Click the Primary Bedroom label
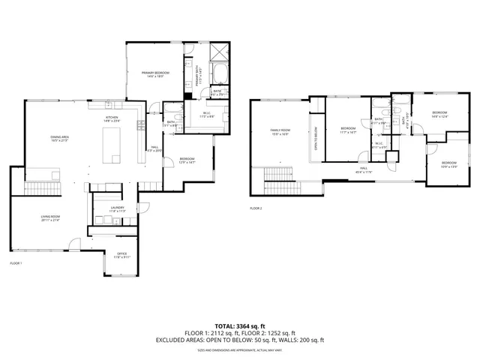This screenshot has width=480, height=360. [155, 73]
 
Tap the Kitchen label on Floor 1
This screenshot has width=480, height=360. [112, 119]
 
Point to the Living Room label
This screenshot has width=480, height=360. [50, 218]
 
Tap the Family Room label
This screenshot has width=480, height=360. [280, 132]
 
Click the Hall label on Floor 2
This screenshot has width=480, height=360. [362, 171]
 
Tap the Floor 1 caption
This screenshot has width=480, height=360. [16, 263]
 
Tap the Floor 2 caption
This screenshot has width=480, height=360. [256, 208]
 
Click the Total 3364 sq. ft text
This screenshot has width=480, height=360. [239, 326]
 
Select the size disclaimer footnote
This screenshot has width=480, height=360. [239, 350]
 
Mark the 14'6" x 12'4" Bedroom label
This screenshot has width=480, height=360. [439, 114]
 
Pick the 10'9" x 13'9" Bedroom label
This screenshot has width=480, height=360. [448, 164]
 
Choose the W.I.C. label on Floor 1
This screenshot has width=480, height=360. [205, 115]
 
